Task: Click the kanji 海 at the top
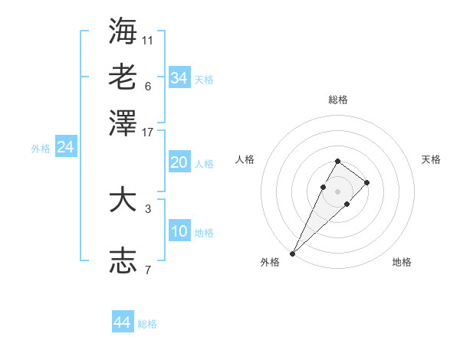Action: [x=123, y=31]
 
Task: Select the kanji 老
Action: [x=123, y=77]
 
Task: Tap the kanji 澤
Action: [x=123, y=123]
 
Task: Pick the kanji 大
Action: [x=123, y=200]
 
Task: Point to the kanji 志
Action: [x=123, y=260]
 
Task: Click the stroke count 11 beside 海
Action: [x=148, y=39]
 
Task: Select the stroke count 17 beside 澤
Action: [x=148, y=132]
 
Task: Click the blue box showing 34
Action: [x=179, y=78]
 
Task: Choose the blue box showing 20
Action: [x=179, y=162]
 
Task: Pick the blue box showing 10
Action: [x=179, y=231]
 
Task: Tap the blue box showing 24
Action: [x=65, y=147]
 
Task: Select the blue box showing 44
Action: [x=122, y=322]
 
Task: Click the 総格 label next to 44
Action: [x=147, y=324]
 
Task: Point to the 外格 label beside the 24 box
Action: [x=41, y=149]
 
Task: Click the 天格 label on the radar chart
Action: [x=431, y=159]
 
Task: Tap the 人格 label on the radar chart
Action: [x=245, y=159]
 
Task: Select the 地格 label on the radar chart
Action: [x=402, y=263]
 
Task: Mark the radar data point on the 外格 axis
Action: [x=293, y=253]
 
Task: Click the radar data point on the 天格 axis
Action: [x=367, y=182]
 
